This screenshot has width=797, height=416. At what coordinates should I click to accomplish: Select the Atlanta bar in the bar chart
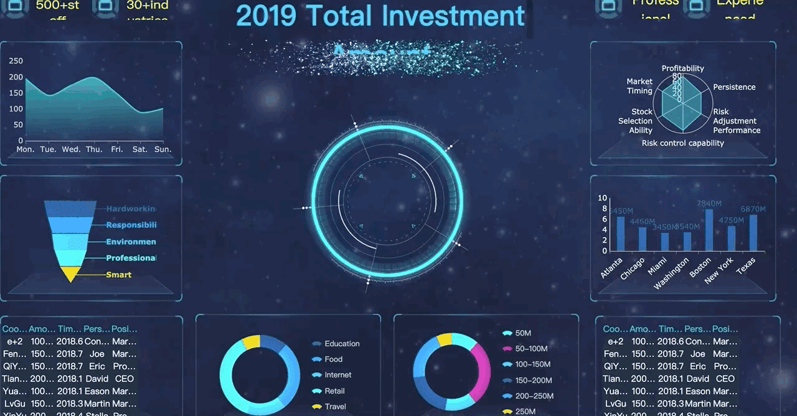point(621,234)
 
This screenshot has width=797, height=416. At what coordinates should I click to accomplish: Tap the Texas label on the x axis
point(746,265)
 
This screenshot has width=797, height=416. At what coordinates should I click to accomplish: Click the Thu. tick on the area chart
point(94,149)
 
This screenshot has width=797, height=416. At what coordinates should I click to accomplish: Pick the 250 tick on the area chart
point(16,61)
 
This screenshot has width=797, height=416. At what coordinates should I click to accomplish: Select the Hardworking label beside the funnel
point(131,209)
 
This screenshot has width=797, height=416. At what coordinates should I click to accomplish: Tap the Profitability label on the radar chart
point(682,69)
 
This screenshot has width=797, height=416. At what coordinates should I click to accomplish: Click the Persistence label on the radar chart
point(734,87)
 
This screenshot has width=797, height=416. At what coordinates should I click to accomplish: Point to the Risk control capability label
point(682,143)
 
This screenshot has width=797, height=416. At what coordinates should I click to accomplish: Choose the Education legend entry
point(342,344)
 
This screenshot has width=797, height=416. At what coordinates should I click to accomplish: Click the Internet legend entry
point(337,375)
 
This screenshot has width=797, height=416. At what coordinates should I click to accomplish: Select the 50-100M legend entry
point(531,349)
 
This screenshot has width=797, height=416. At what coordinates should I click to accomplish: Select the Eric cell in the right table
point(698,366)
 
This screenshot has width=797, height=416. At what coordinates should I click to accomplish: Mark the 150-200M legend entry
point(534,381)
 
